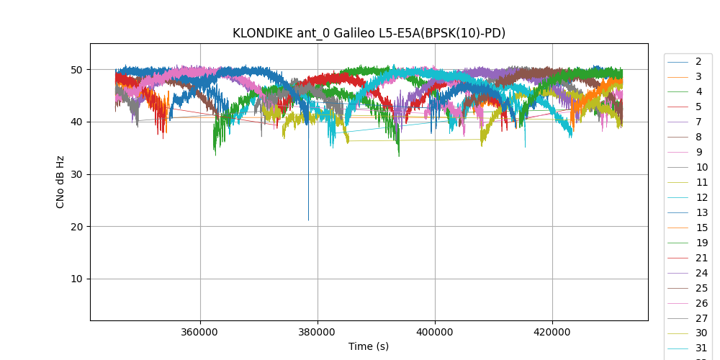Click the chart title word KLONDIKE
coord(264,33)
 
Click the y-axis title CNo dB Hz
coord(60,182)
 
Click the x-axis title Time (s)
coord(369,346)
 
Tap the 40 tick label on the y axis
coord(77,122)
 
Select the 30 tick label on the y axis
coord(77,174)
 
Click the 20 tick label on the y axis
coord(77,227)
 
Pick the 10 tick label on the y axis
coord(77,279)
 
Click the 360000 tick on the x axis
coord(200,333)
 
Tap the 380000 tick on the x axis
coord(318,333)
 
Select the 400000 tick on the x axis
coord(435,333)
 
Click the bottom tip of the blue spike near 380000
coord(309,220)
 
